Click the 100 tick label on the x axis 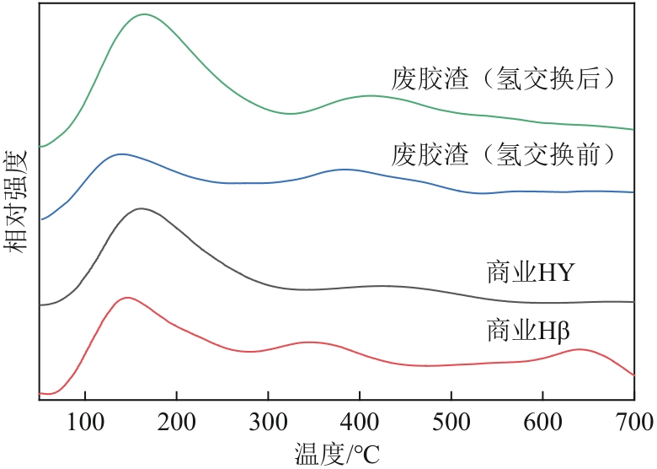(x=85, y=419)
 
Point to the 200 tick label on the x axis (x=176, y=419)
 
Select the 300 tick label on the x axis (x=268, y=419)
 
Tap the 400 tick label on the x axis (x=360, y=419)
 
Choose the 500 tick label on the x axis (x=451, y=419)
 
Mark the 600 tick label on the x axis (x=542, y=419)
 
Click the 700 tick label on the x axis (x=633, y=419)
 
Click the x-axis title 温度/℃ (x=337, y=453)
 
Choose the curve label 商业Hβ (x=530, y=327)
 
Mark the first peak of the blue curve (x=121, y=154)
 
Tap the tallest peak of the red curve (x=126, y=298)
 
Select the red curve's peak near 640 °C (x=579, y=349)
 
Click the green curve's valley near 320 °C (x=289, y=113)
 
